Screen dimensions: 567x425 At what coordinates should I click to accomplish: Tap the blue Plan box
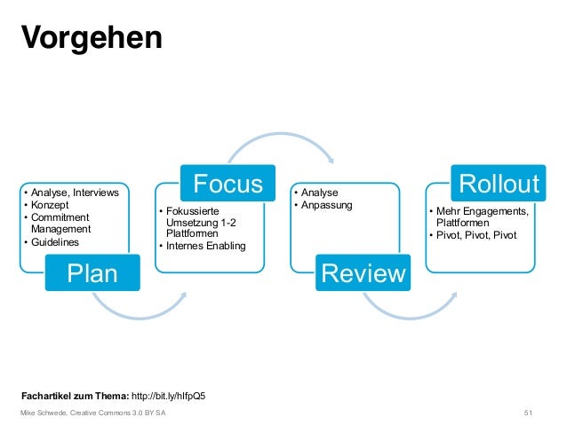point(92,272)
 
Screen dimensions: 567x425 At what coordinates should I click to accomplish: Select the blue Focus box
point(228,184)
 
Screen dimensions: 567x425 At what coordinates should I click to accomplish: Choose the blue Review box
point(363,272)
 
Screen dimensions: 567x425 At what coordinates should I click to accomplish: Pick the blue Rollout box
point(498,183)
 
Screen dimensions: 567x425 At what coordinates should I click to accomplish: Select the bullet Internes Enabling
point(204,246)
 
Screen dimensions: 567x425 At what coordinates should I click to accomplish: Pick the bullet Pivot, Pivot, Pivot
point(474,235)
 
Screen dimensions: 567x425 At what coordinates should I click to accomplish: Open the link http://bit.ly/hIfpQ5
point(174,395)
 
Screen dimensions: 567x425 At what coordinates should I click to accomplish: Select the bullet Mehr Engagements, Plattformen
point(479,216)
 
